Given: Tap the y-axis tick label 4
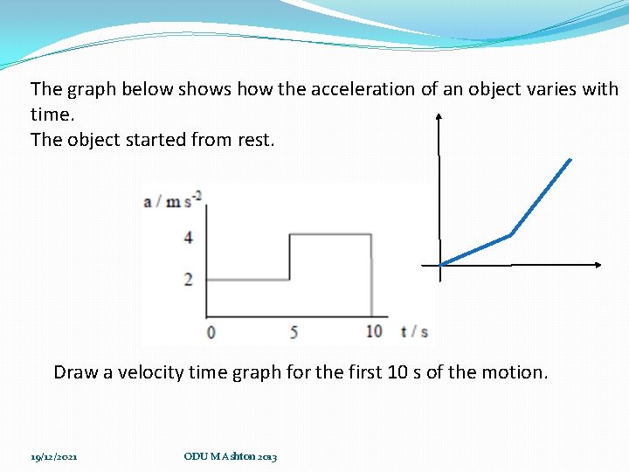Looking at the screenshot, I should pyautogui.click(x=189, y=237).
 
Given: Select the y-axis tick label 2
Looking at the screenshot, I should pyautogui.click(x=189, y=280).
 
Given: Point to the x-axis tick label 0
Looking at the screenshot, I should pyautogui.click(x=211, y=331).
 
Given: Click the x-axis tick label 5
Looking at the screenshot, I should pyautogui.click(x=294, y=331).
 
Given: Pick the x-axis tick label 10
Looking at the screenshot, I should pyautogui.click(x=374, y=331).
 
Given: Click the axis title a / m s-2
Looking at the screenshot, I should pyautogui.click(x=172, y=201).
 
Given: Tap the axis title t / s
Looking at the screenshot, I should pyautogui.click(x=414, y=331).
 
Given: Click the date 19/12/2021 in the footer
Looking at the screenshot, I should pyautogui.click(x=54, y=456).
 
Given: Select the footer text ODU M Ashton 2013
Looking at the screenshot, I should pyautogui.click(x=231, y=456).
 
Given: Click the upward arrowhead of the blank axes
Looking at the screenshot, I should pyautogui.click(x=439, y=115).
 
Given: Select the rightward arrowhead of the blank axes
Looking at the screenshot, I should pyautogui.click(x=598, y=265).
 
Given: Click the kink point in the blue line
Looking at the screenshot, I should pyautogui.click(x=510, y=234).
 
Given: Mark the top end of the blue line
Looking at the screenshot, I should pyautogui.click(x=570, y=160).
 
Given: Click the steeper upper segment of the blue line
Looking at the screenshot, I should pyautogui.click(x=541, y=197).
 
